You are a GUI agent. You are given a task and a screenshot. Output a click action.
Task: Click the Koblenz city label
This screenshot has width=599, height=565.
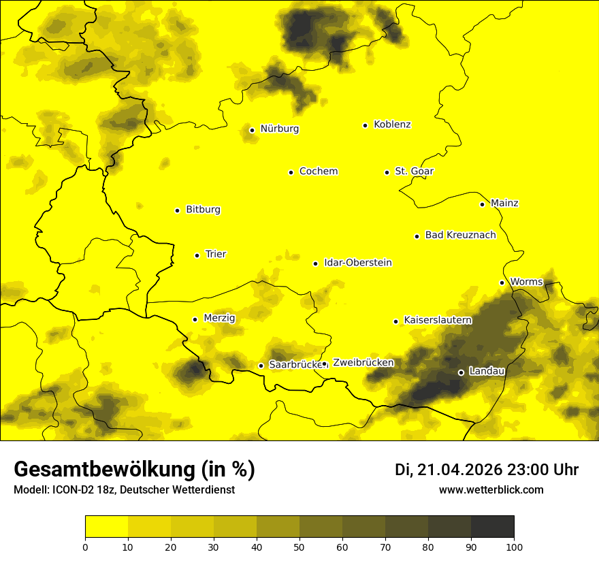392,125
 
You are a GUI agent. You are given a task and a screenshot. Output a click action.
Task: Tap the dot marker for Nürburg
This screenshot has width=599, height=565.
252,130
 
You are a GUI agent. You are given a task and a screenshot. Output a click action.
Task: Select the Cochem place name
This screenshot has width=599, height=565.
318,172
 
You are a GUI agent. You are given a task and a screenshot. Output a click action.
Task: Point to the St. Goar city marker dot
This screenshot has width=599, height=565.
387,172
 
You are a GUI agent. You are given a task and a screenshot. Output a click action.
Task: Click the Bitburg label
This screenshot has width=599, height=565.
203,210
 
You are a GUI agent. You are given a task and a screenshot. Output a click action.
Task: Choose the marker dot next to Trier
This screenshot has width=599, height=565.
197,255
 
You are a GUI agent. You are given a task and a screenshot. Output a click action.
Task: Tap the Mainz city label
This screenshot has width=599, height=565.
504,204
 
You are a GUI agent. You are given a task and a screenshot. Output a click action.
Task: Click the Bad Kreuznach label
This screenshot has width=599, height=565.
460,236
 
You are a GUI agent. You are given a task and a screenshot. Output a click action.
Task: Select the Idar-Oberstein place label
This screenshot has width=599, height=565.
358,263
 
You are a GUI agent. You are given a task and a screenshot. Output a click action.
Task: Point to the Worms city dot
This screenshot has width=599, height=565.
502,282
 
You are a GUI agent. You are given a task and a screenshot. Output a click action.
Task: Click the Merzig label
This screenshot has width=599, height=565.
219,319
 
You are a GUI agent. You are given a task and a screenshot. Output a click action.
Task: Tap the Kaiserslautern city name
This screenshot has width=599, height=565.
438,321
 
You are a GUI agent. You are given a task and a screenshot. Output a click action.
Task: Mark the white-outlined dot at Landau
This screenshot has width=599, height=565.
461,372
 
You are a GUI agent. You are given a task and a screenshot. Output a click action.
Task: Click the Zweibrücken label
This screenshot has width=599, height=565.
363,363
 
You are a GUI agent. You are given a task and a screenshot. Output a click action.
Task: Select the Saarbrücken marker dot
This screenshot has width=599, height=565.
261,366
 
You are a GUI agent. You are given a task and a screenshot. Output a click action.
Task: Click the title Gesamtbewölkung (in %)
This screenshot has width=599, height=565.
134,470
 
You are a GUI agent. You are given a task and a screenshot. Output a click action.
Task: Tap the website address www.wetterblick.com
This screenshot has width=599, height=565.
491,490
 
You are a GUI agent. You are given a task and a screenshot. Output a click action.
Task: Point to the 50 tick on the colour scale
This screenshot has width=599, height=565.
299,546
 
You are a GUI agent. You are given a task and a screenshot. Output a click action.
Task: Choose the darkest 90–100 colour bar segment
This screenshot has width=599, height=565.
492,527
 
